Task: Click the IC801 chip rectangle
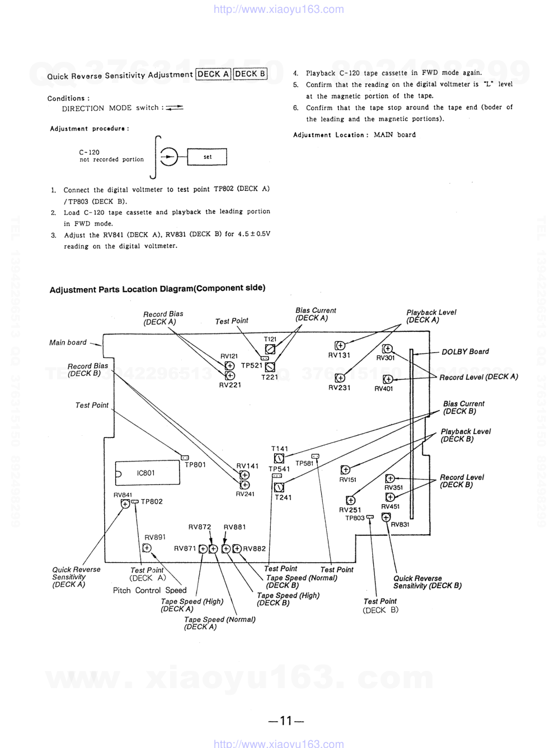coord(148,473)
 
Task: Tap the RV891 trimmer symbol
coord(147,548)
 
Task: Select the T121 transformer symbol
coord(270,349)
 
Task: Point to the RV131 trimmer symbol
coord(340,346)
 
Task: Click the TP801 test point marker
coord(185,457)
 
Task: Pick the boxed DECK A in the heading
coord(213,74)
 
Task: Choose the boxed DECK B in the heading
coord(250,74)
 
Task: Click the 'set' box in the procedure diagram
coord(207,157)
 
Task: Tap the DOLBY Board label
coord(465,351)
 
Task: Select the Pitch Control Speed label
coord(149,590)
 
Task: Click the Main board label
coord(68,342)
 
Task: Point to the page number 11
coord(286,721)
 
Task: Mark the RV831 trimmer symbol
coord(386,518)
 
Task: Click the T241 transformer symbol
coord(279,487)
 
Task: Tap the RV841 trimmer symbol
coord(125,504)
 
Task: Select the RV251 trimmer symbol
coord(350,500)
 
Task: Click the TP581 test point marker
coord(315,457)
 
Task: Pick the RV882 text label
coord(255,549)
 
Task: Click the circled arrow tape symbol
coord(168,157)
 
